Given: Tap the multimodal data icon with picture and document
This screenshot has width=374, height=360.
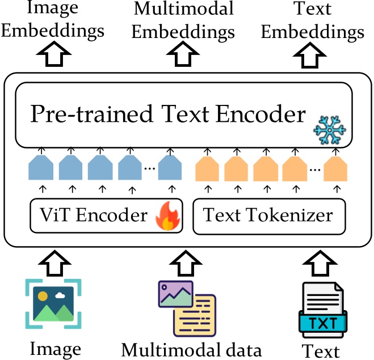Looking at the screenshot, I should click(187, 309).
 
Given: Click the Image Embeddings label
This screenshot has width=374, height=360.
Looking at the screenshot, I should click(53, 20).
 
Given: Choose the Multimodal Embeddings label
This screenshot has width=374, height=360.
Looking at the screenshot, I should click(183, 20).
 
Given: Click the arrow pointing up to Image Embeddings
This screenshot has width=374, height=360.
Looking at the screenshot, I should click(53, 57).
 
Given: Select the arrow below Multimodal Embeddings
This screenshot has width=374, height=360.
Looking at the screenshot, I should click(183, 57).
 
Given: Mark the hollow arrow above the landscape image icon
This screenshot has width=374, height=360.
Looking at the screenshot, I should click(53, 262).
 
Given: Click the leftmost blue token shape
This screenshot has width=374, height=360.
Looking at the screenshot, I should click(41, 169).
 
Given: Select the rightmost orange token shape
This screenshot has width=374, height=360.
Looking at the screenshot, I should click(335, 169).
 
